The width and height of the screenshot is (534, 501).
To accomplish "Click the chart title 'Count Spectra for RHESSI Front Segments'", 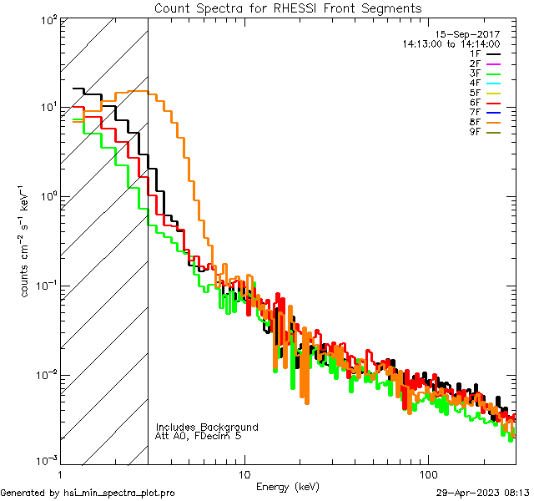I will coord(288,8).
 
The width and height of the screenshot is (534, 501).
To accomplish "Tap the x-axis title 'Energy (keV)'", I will coord(288,487).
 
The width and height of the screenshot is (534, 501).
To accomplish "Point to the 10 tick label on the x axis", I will coord(244,474).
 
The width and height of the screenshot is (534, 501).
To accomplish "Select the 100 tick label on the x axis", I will coord(426,474).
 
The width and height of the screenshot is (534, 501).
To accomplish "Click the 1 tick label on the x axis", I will coord(61,474).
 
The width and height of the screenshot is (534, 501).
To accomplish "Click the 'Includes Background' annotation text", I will coord(207,427).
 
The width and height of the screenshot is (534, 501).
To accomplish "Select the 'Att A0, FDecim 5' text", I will coord(199,437).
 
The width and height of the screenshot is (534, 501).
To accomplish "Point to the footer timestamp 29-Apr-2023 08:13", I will coord(483,493).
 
